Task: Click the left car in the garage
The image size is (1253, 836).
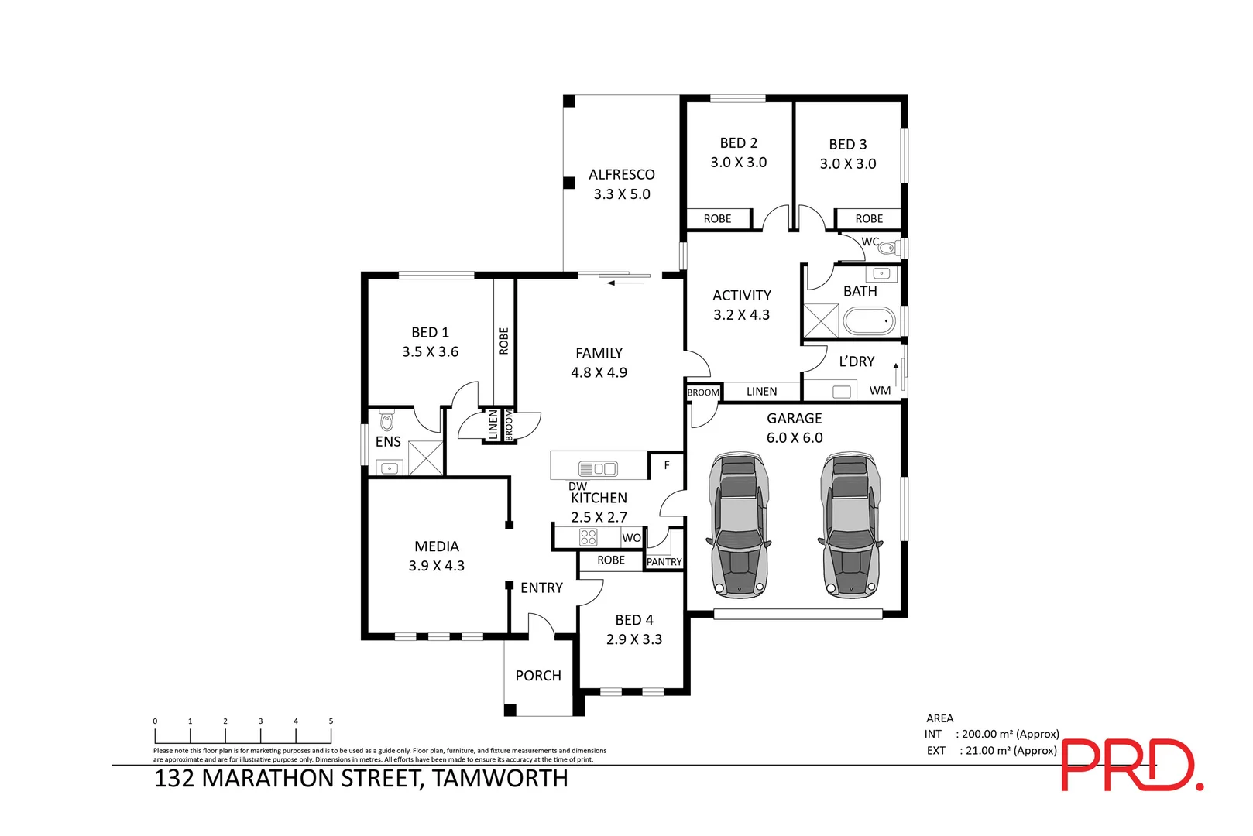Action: [739, 526]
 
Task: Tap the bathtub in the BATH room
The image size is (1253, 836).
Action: [869, 321]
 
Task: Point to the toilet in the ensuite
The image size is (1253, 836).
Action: [387, 422]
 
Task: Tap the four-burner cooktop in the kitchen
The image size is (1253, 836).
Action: [589, 536]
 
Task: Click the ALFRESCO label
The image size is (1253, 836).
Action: [621, 175]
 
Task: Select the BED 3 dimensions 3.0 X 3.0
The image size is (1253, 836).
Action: [848, 164]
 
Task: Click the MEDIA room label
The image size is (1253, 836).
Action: [437, 546]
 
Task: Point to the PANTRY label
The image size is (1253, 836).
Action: [664, 562]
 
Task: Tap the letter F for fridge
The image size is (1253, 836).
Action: [667, 466]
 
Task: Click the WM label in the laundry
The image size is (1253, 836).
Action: [880, 390]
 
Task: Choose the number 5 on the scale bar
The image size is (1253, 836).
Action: [331, 721]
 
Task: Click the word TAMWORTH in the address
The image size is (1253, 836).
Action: [500, 778]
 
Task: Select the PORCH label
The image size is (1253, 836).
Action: [538, 676]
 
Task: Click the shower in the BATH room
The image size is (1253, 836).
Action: [821, 321]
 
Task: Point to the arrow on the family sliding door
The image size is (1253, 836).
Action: [613, 283]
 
